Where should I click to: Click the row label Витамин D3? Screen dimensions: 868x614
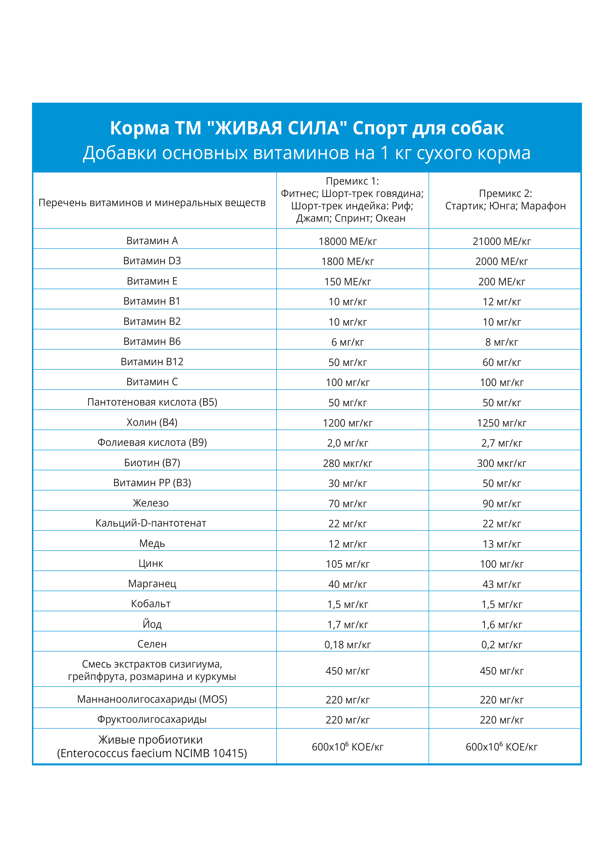152,261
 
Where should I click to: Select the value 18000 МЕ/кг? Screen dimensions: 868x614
347,241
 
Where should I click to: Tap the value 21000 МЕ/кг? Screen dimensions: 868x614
502,241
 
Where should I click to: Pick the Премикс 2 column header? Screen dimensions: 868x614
505,200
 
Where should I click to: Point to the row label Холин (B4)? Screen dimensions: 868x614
152,422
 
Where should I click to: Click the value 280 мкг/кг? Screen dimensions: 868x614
347,463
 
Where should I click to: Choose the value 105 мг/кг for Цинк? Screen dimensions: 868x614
347,564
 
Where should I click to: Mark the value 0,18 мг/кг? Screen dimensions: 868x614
347,645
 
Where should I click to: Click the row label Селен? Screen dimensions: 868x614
152,644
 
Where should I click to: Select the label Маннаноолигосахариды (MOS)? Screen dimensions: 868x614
152,699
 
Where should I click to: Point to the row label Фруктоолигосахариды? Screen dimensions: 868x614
152,719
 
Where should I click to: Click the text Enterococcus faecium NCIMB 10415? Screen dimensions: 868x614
152,753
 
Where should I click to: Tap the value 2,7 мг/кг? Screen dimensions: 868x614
502,443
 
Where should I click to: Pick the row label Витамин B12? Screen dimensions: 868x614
152,362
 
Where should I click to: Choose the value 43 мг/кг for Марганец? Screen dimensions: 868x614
502,584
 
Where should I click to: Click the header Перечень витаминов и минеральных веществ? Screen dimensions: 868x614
152,203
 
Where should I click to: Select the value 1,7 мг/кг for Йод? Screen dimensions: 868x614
347,625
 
